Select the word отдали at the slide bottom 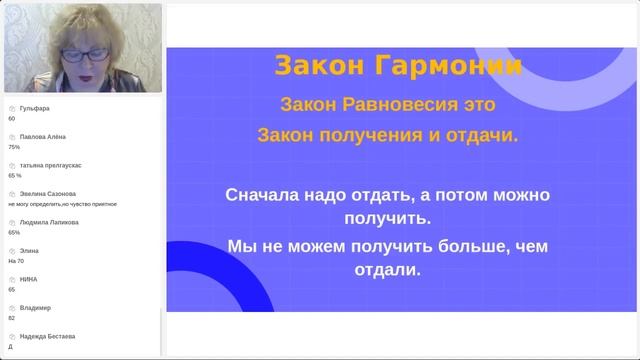(386, 270)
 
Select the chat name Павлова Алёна (40, 137)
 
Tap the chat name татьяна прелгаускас (50, 165)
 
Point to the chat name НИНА (29, 279)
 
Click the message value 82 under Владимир (11, 317)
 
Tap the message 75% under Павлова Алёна (14, 147)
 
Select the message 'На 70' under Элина (15, 260)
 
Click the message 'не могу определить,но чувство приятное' (62, 203)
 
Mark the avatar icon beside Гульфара (12, 108)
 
